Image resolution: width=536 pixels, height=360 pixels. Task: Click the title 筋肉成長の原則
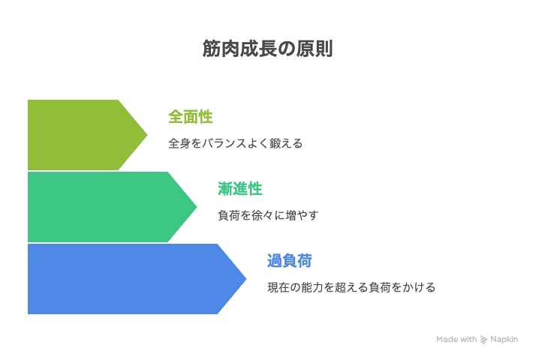267,49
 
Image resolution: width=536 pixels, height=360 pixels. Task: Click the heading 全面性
191,117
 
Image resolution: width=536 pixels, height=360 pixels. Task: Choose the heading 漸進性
240,189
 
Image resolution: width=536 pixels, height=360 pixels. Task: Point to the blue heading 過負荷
290,261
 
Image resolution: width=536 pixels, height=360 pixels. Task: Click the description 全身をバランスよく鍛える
235,143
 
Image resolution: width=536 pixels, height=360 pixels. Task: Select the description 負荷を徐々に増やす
268,215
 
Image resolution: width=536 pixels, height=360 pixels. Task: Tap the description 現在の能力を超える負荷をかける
351,287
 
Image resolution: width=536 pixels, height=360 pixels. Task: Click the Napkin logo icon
483,340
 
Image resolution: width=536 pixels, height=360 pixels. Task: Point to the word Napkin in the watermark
504,340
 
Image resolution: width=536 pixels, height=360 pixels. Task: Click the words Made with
456,339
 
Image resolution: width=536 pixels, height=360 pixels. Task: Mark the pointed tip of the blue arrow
246,279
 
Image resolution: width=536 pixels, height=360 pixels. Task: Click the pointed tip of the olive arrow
147,135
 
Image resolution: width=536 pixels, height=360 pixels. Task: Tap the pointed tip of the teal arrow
197,207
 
